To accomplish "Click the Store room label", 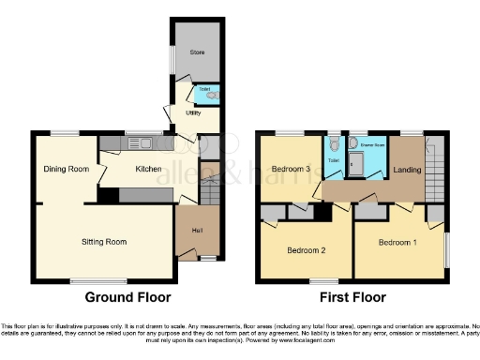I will point(198,52).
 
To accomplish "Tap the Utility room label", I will point(194,112).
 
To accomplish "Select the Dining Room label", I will point(66,169).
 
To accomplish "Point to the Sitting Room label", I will point(103,241).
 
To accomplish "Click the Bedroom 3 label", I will point(291,169).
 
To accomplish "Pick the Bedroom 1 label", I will point(397,243).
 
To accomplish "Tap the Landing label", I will point(408,170).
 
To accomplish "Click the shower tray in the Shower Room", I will point(355,166).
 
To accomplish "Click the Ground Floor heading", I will point(128,297).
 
